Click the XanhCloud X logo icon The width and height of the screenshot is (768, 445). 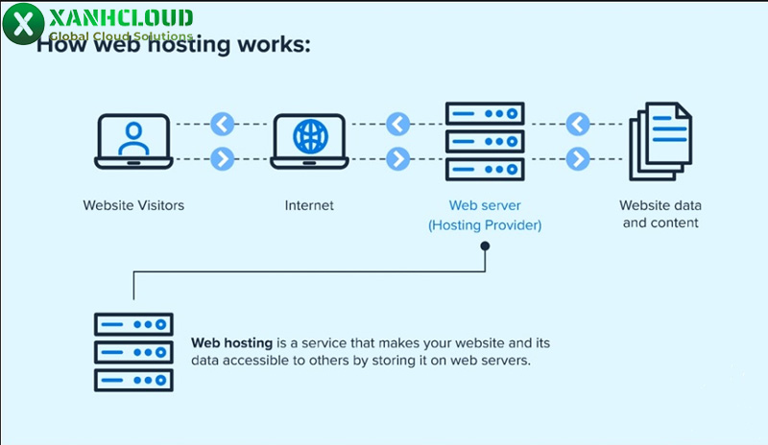point(21,22)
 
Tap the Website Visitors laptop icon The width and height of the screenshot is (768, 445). point(133,141)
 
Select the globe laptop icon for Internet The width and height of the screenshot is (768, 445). point(308,141)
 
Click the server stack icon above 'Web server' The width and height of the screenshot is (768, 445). point(485,141)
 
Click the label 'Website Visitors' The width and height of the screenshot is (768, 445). point(133,205)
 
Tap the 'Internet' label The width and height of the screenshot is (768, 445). point(309,205)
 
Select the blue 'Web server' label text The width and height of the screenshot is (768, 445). point(485,205)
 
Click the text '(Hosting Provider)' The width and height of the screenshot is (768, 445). point(485,225)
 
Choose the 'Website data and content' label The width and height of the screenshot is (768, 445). point(660,214)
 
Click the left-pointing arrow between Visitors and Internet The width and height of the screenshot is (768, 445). point(223,124)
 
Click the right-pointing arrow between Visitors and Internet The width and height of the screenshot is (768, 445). point(223,158)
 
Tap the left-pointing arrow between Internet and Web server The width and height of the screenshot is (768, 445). point(397,124)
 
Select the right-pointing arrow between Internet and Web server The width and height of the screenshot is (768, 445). point(397,158)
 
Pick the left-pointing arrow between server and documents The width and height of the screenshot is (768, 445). point(577,124)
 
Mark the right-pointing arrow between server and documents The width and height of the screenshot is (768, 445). point(577,158)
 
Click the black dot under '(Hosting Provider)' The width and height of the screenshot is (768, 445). point(485,246)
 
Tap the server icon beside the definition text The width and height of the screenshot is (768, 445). point(133,351)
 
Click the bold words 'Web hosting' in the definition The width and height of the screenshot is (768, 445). point(232,342)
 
